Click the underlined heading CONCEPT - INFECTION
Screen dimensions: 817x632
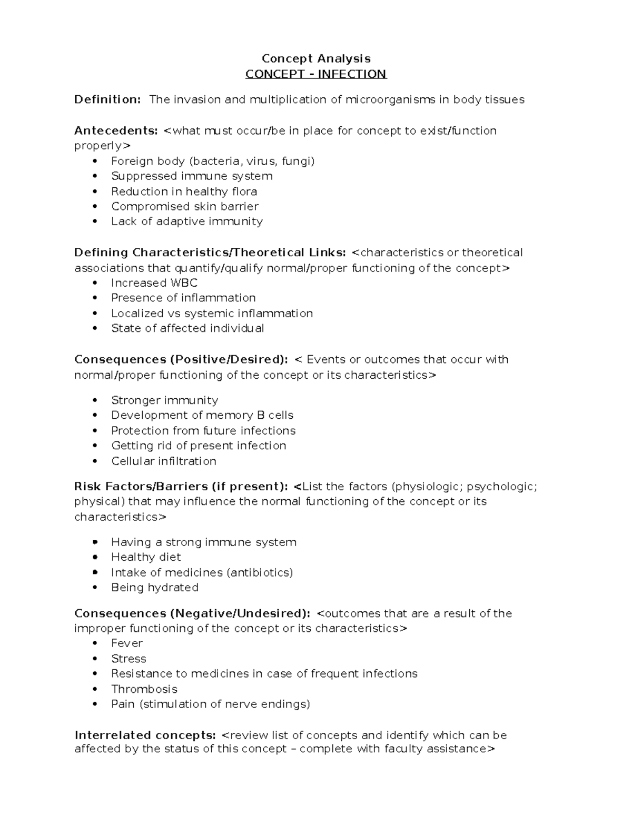point(316,74)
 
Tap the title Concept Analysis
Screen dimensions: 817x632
point(316,58)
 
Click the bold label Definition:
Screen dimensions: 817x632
point(107,99)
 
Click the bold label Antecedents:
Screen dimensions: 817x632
point(116,130)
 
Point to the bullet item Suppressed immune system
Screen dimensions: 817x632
point(192,176)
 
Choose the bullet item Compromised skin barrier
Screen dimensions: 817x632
point(184,206)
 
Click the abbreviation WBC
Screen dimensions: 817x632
point(184,283)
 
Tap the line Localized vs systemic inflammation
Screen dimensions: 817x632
point(212,314)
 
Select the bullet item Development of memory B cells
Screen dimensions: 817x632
point(202,415)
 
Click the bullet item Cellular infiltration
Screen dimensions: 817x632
point(164,461)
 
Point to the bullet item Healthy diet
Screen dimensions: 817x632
point(146,557)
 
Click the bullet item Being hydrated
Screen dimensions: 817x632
point(155,588)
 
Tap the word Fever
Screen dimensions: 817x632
point(127,643)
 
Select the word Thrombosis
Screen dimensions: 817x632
point(144,689)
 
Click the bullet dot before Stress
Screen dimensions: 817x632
point(95,659)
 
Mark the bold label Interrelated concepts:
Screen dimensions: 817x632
point(145,735)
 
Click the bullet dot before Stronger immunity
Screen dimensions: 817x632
point(95,400)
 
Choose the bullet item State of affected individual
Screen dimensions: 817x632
point(187,329)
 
